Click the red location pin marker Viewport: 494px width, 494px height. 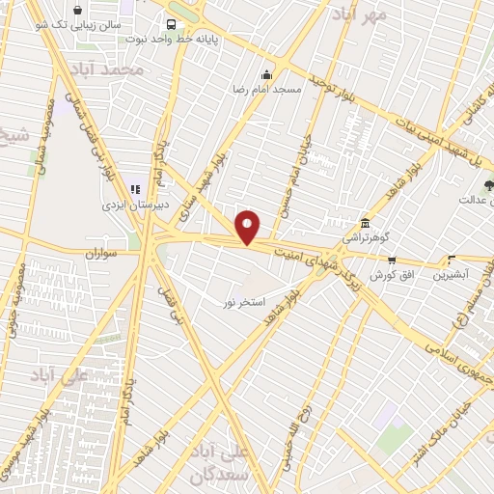click(249, 228)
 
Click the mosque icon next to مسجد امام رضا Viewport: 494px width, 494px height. click(267, 73)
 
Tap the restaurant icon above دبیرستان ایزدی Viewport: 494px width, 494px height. click(136, 189)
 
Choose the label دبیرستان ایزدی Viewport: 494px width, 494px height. click(136, 205)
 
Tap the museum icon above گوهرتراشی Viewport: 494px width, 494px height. click(364, 221)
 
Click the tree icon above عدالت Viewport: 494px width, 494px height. click(488, 184)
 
